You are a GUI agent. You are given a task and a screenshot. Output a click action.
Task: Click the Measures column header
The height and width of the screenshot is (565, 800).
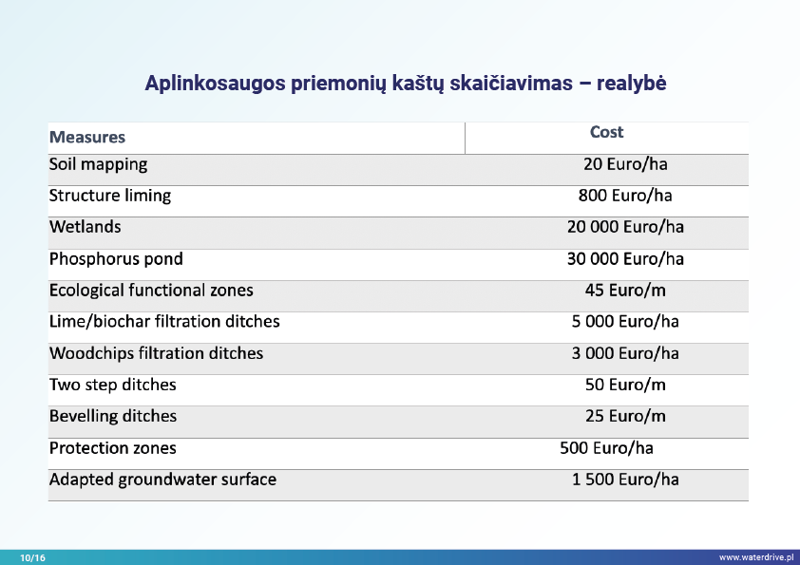pos(87,138)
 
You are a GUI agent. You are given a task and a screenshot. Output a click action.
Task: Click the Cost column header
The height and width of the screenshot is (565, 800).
pos(606,133)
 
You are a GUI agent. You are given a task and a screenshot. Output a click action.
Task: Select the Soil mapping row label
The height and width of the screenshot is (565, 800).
pos(99,164)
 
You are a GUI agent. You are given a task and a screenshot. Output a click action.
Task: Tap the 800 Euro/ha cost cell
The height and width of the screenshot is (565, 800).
pos(625,196)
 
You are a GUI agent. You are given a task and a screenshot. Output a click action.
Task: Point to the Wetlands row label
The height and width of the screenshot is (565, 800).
pos(86,227)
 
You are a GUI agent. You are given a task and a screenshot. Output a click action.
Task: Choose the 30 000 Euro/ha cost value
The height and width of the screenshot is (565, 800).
pos(625,258)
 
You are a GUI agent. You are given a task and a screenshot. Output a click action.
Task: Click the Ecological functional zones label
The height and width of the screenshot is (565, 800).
pos(151,290)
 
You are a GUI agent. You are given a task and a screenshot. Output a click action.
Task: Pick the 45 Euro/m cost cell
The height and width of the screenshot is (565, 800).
pos(625,290)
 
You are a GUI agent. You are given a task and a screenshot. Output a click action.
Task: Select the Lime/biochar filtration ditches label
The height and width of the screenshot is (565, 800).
pos(164,321)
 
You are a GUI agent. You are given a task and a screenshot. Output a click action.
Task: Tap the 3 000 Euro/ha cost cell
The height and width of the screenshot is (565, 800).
pos(625,353)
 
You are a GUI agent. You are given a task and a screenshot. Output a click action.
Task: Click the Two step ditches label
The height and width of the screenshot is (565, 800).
pos(113,385)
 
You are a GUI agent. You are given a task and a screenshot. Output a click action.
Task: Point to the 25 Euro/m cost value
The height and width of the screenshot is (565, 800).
pos(625,416)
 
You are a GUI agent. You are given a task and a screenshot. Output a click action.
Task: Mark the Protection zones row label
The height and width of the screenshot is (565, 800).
pos(113,448)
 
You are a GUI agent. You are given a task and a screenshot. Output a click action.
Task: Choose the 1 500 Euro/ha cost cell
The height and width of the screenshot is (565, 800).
pos(625,480)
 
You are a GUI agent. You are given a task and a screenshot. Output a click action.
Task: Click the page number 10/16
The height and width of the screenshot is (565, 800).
pos(32,557)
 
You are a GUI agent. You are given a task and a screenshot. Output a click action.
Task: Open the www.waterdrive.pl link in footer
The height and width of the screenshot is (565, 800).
pos(756,557)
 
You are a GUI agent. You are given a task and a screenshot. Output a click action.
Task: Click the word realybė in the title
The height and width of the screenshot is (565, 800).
pos(632,84)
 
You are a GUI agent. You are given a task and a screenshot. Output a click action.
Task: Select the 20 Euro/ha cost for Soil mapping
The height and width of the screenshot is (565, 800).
pos(625,164)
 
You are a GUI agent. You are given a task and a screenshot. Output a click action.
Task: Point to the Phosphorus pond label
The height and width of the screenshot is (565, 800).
pos(116,258)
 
